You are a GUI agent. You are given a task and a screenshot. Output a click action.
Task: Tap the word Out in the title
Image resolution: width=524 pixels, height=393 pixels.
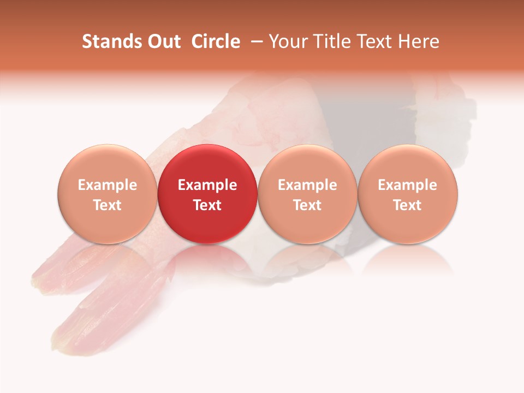pyautogui.click(x=162, y=41)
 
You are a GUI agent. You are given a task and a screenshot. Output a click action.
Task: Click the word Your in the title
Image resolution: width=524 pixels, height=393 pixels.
pyautogui.click(x=287, y=41)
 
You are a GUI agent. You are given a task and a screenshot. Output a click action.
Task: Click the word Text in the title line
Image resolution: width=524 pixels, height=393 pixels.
pyautogui.click(x=376, y=41)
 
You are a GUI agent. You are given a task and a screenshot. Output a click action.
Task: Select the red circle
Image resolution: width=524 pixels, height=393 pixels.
pyautogui.click(x=207, y=194)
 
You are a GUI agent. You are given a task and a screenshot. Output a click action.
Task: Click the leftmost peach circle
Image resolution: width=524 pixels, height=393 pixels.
pyautogui.click(x=108, y=194)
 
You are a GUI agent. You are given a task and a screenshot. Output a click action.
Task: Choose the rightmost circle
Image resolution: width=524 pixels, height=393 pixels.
pyautogui.click(x=408, y=194)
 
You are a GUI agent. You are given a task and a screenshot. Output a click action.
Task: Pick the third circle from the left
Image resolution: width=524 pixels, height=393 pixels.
pyautogui.click(x=307, y=194)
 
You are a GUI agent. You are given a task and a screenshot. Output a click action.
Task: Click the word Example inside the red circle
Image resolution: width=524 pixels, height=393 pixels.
pyautogui.click(x=207, y=185)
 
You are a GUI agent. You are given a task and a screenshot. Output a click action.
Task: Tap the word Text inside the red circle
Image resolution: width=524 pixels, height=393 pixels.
pyautogui.click(x=207, y=205)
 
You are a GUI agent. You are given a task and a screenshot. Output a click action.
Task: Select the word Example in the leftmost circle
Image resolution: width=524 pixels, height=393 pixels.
pyautogui.click(x=108, y=185)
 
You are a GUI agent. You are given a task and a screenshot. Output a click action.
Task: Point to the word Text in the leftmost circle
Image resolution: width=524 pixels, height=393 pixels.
pyautogui.click(x=108, y=205)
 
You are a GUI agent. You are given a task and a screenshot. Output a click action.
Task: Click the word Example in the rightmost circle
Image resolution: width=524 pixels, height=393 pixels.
pyautogui.click(x=408, y=185)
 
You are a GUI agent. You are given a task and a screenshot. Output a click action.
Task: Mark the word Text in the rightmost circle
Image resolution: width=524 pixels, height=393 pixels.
pyautogui.click(x=408, y=205)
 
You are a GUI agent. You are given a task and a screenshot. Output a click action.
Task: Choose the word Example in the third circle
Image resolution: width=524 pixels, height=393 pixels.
pyautogui.click(x=307, y=185)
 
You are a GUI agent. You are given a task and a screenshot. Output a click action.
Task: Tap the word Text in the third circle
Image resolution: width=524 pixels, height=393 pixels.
pyautogui.click(x=307, y=205)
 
